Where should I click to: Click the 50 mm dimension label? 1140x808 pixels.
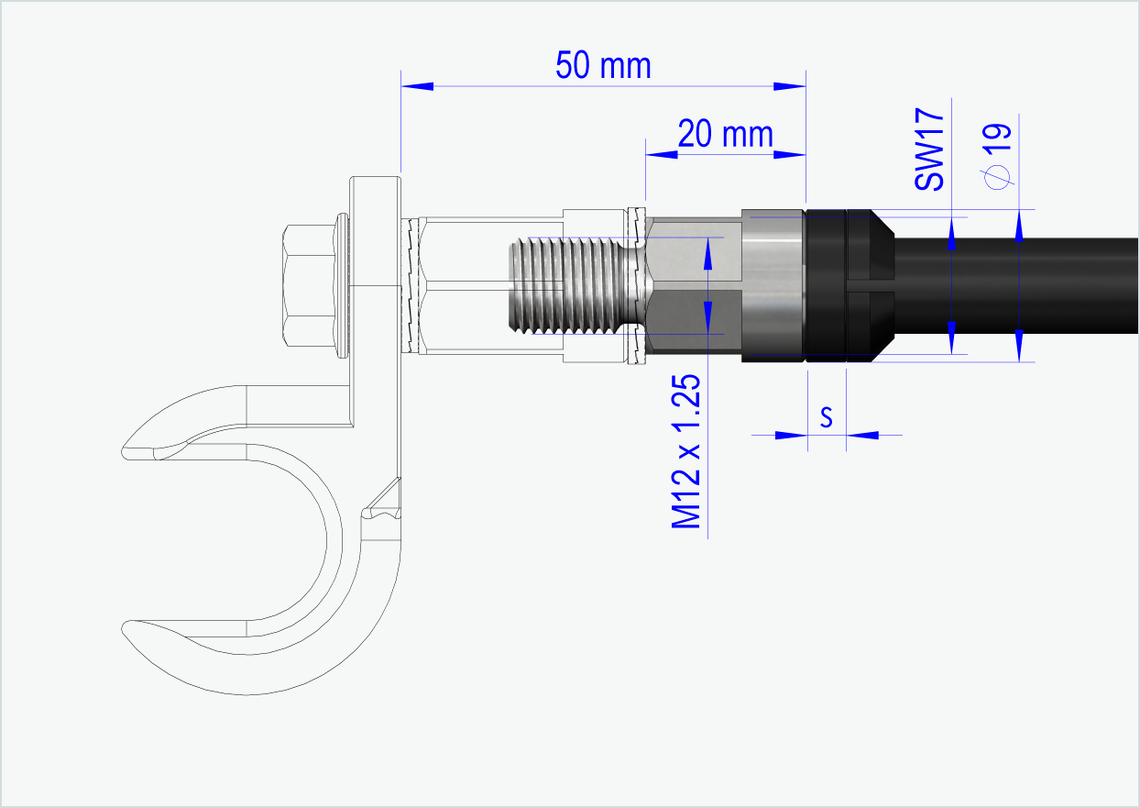(603, 65)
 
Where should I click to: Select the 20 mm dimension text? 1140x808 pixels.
(725, 135)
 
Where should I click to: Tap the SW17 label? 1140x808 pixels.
(929, 149)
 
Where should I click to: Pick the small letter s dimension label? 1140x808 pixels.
(826, 417)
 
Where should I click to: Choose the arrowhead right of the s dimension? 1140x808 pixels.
(862, 435)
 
